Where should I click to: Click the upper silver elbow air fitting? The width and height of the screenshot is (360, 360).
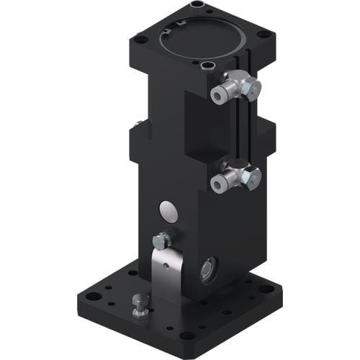234,89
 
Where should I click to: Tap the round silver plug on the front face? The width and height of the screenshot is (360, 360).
168,212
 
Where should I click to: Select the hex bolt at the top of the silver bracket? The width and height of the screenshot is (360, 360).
161,240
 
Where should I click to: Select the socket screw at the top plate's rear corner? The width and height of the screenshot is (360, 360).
197,6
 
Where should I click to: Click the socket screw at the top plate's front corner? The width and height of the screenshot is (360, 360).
209,66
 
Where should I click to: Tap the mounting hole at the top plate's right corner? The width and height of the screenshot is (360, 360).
263,34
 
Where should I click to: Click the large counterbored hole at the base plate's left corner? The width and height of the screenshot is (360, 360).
91,295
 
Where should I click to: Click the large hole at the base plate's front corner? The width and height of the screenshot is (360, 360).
188,335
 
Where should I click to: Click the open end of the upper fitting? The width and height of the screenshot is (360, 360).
217,94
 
